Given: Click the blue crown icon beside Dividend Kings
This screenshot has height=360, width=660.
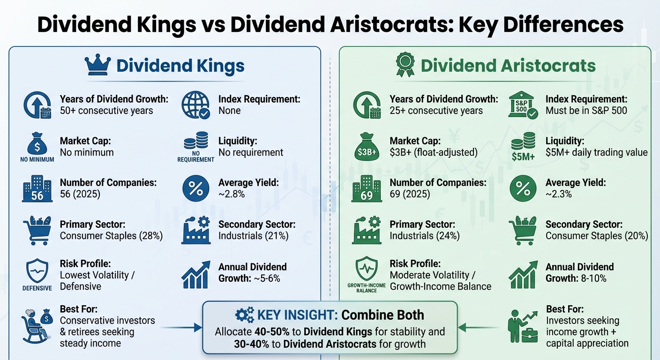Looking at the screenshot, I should [x=98, y=65].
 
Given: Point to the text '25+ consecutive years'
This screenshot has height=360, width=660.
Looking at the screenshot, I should [x=436, y=111].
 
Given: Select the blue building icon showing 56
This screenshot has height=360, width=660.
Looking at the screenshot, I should [x=37, y=189].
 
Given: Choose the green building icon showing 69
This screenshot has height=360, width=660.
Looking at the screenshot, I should [x=367, y=189].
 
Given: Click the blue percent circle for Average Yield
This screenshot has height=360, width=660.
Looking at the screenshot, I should [x=195, y=189].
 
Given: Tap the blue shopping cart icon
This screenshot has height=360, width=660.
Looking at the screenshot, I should [x=37, y=231].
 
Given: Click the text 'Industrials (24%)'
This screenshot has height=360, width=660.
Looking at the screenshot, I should [x=425, y=236].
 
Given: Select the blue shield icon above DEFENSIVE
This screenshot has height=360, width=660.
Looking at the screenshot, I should [x=37, y=270].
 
